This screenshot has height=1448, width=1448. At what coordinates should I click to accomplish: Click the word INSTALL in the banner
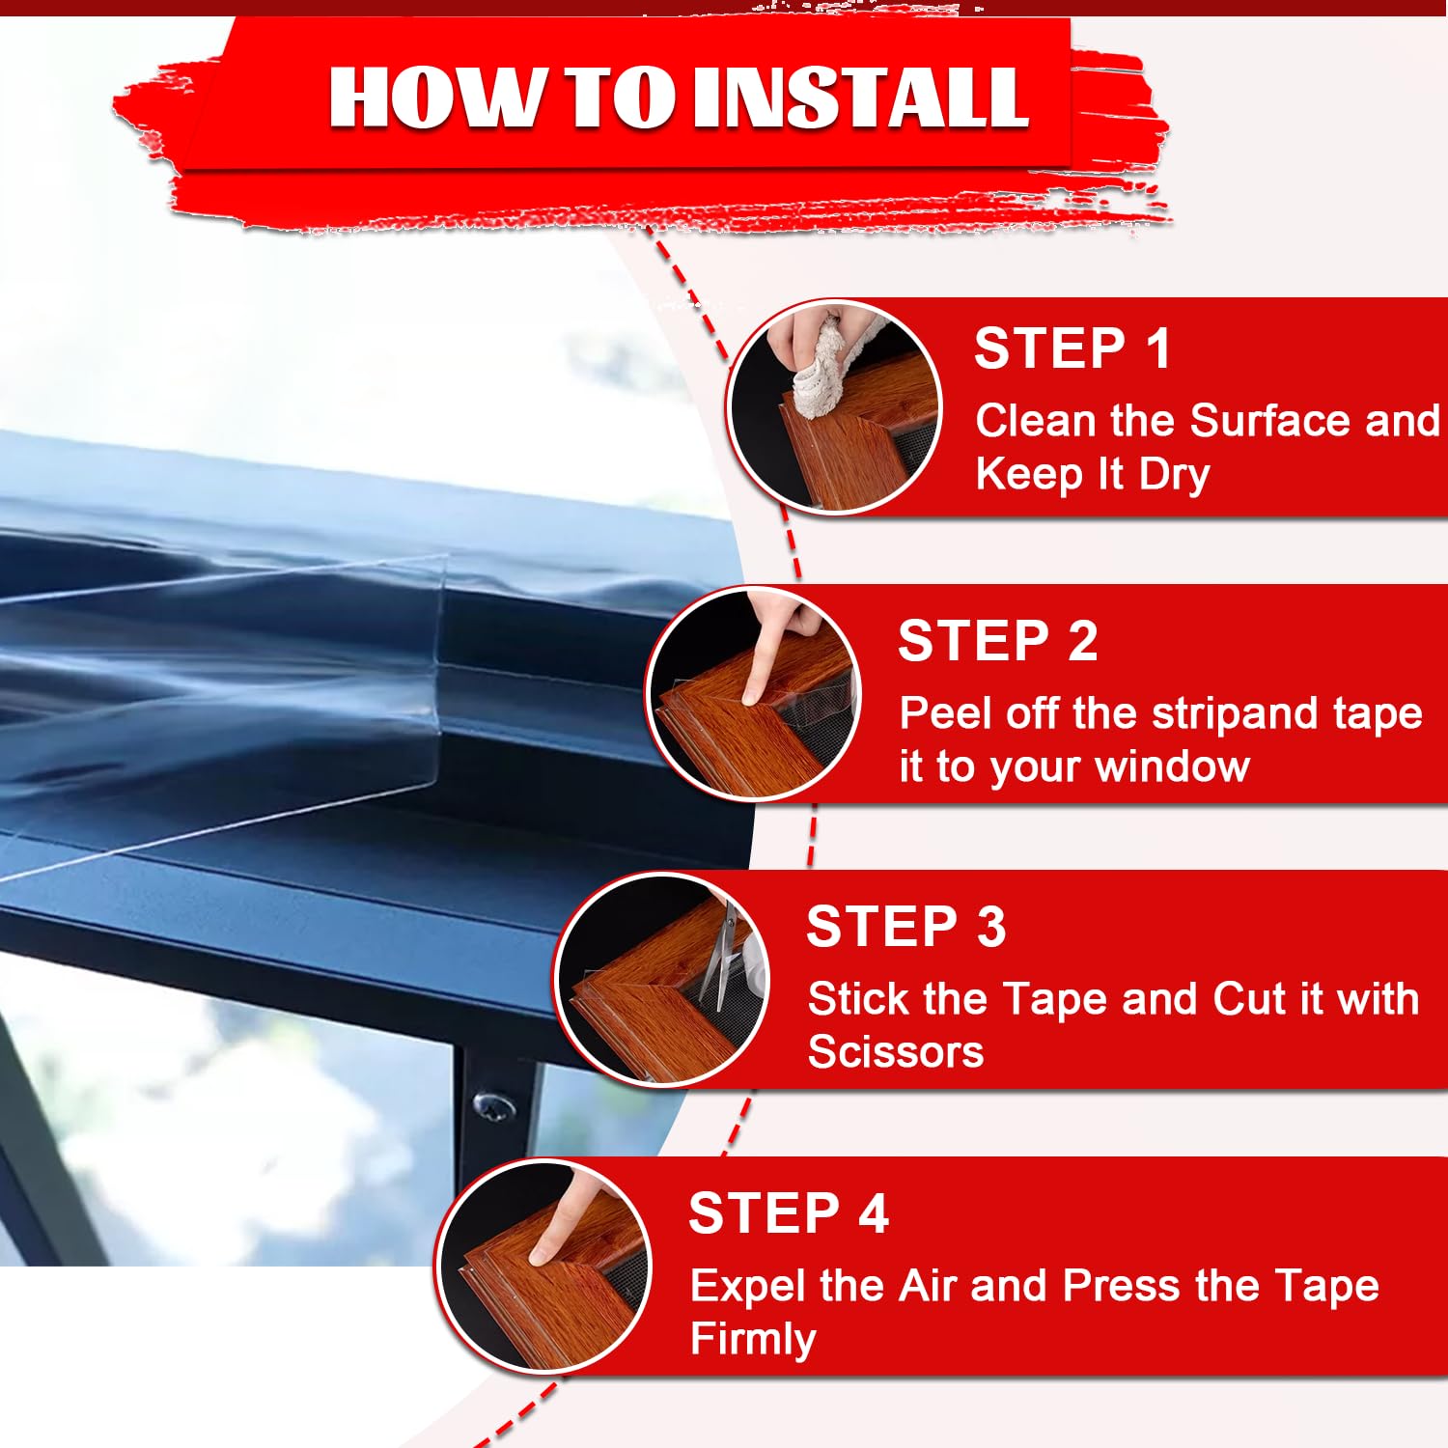(x=861, y=97)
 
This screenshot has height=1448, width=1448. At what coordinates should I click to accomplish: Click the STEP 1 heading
(x=1072, y=348)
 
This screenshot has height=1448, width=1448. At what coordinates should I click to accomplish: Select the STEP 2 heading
(x=997, y=641)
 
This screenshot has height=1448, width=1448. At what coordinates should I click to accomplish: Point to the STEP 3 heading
(x=906, y=927)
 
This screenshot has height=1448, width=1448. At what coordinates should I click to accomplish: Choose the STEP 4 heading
(x=789, y=1213)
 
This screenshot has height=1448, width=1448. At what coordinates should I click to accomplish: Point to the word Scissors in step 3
(x=896, y=1051)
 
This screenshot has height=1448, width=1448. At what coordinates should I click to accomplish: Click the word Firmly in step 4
(x=753, y=1340)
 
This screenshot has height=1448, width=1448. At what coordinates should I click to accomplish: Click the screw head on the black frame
(x=494, y=1106)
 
